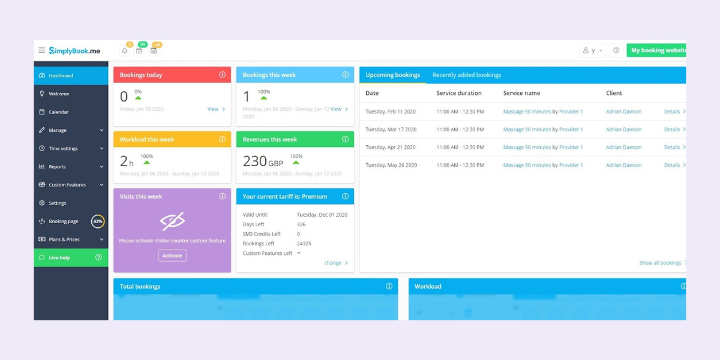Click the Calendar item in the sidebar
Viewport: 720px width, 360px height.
58,112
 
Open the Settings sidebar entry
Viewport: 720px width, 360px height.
57,203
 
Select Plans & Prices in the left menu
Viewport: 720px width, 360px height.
64,239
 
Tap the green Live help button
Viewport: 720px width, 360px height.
71,257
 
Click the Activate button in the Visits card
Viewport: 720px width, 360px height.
172,256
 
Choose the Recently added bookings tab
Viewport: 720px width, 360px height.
467,75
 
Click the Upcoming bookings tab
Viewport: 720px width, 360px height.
393,75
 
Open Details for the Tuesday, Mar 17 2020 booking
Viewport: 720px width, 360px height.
673,130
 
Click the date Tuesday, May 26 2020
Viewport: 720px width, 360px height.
391,165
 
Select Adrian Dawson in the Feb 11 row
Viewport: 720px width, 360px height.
623,112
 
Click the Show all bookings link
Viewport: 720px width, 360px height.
661,263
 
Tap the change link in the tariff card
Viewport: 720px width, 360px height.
333,263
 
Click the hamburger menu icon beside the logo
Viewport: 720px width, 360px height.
41,50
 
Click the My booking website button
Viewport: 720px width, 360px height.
657,50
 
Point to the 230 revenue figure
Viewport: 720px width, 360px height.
255,161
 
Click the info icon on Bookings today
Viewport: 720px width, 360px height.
222,75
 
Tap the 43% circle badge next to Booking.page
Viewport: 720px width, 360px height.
98,221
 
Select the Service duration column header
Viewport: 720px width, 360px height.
459,93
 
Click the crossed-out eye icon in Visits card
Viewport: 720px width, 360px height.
172,221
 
